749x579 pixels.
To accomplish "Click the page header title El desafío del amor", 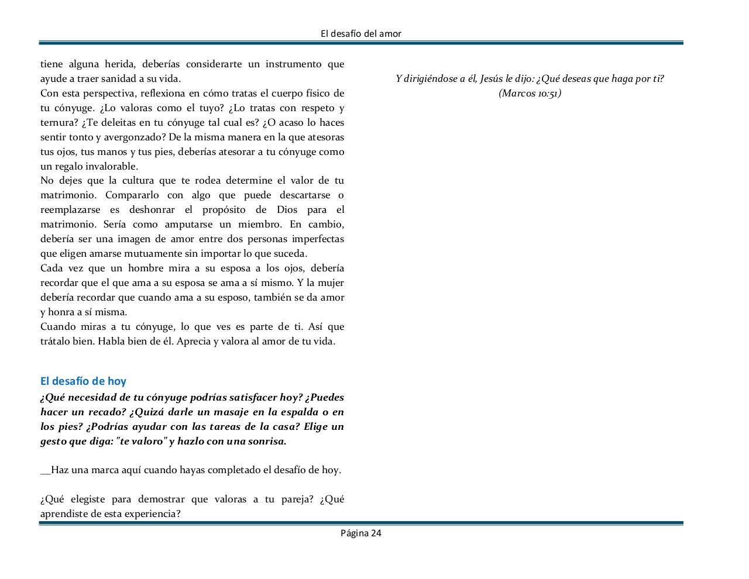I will pyautogui.click(x=361, y=34).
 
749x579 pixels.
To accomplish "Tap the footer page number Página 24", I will pyautogui.click(x=361, y=533).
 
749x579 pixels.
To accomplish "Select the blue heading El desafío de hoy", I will pyautogui.click(x=83, y=381).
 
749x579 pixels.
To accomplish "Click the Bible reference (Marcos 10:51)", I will pyautogui.click(x=530, y=93).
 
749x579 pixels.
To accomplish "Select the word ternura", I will pyautogui.click(x=57, y=122).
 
